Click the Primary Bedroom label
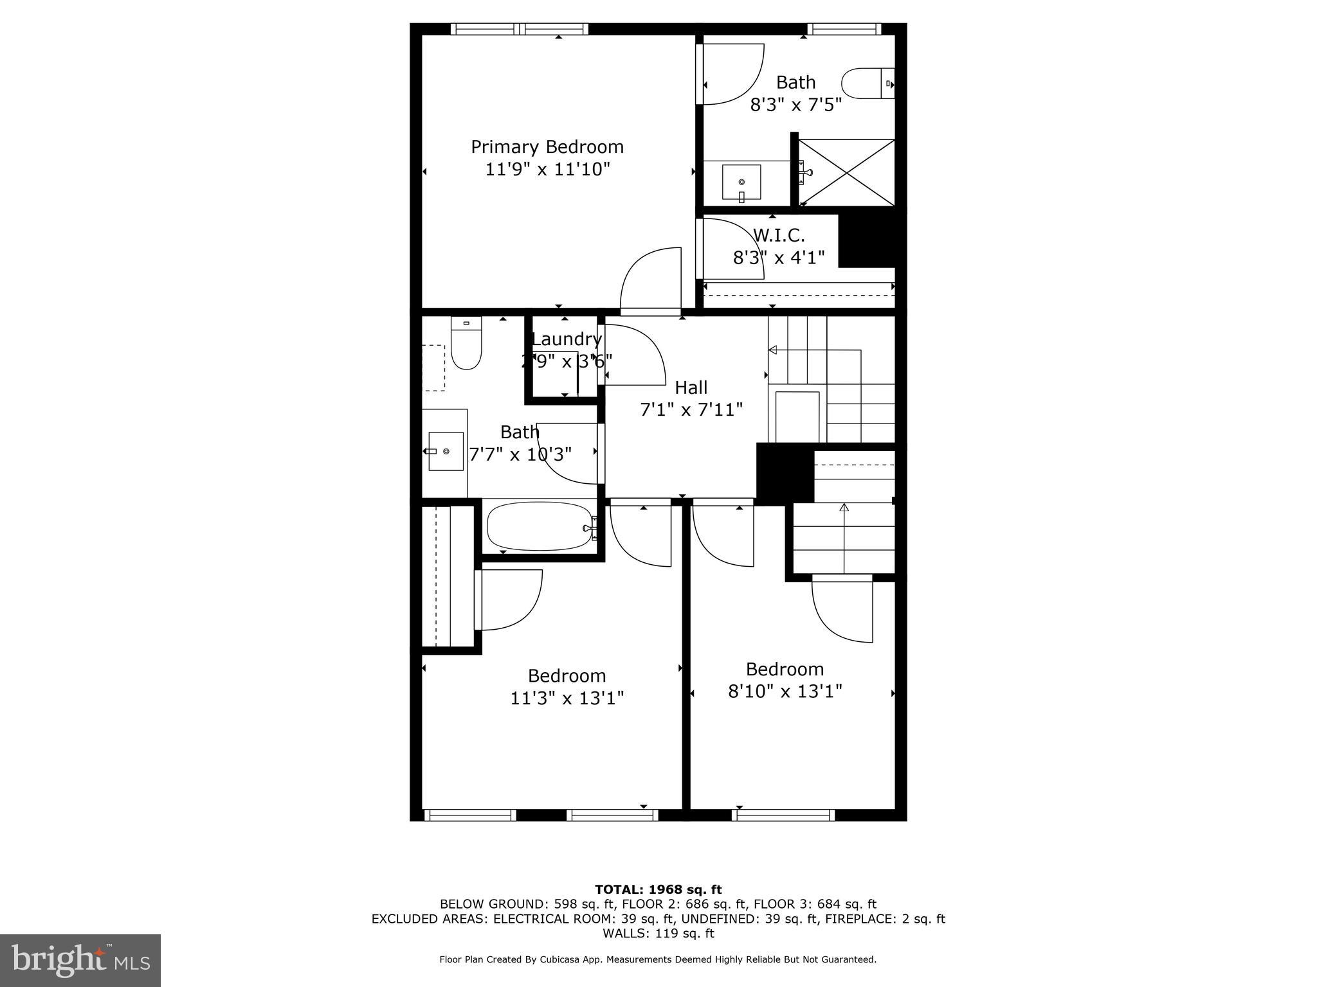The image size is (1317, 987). point(547,147)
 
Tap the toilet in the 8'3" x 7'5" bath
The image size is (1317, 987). point(867,84)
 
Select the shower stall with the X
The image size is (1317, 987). point(846,172)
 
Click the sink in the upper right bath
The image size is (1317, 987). point(741,182)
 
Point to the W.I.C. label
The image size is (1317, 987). point(779,235)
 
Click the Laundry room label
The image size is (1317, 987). point(566,339)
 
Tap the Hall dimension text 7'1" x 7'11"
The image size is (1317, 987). point(691,409)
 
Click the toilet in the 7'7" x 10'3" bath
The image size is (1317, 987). point(466,344)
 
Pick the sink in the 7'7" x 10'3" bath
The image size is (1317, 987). point(446,451)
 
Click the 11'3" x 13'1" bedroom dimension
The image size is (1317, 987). point(567,698)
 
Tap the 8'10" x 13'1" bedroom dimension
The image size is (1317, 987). point(785,691)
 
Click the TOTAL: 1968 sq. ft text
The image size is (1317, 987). point(658,889)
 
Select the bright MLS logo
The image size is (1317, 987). point(80,960)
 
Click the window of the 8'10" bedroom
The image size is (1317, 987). point(783,815)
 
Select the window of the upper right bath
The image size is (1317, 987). point(844,29)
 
